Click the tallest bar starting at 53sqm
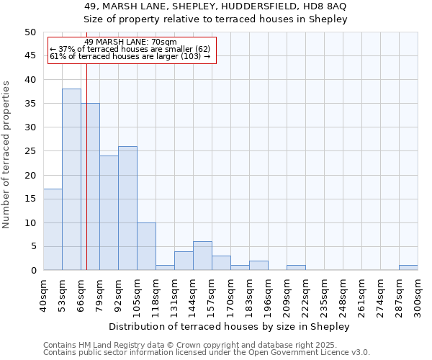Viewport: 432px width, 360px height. tap(71, 179)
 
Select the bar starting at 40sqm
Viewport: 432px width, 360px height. tap(53, 230)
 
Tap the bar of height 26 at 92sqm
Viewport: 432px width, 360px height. tap(127, 208)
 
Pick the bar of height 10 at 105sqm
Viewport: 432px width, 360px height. tap(146, 246)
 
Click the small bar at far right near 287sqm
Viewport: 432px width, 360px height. tap(408, 268)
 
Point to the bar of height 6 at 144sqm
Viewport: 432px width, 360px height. tap(202, 256)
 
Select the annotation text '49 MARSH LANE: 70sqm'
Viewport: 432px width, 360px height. tap(130, 42)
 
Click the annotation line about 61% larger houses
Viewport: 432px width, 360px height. tap(130, 56)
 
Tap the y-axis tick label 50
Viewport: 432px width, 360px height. tap(30, 32)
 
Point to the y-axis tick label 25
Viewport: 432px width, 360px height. tap(30, 151)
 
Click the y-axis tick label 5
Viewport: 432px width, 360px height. tap(33, 246)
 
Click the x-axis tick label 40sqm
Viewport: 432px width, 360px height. tap(43, 294)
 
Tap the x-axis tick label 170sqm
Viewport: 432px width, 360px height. tap(230, 294)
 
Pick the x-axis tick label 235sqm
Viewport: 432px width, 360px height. tap(324, 294)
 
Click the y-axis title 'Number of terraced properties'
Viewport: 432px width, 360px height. tap(6, 155)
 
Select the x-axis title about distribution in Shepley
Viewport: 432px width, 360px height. tap(230, 326)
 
